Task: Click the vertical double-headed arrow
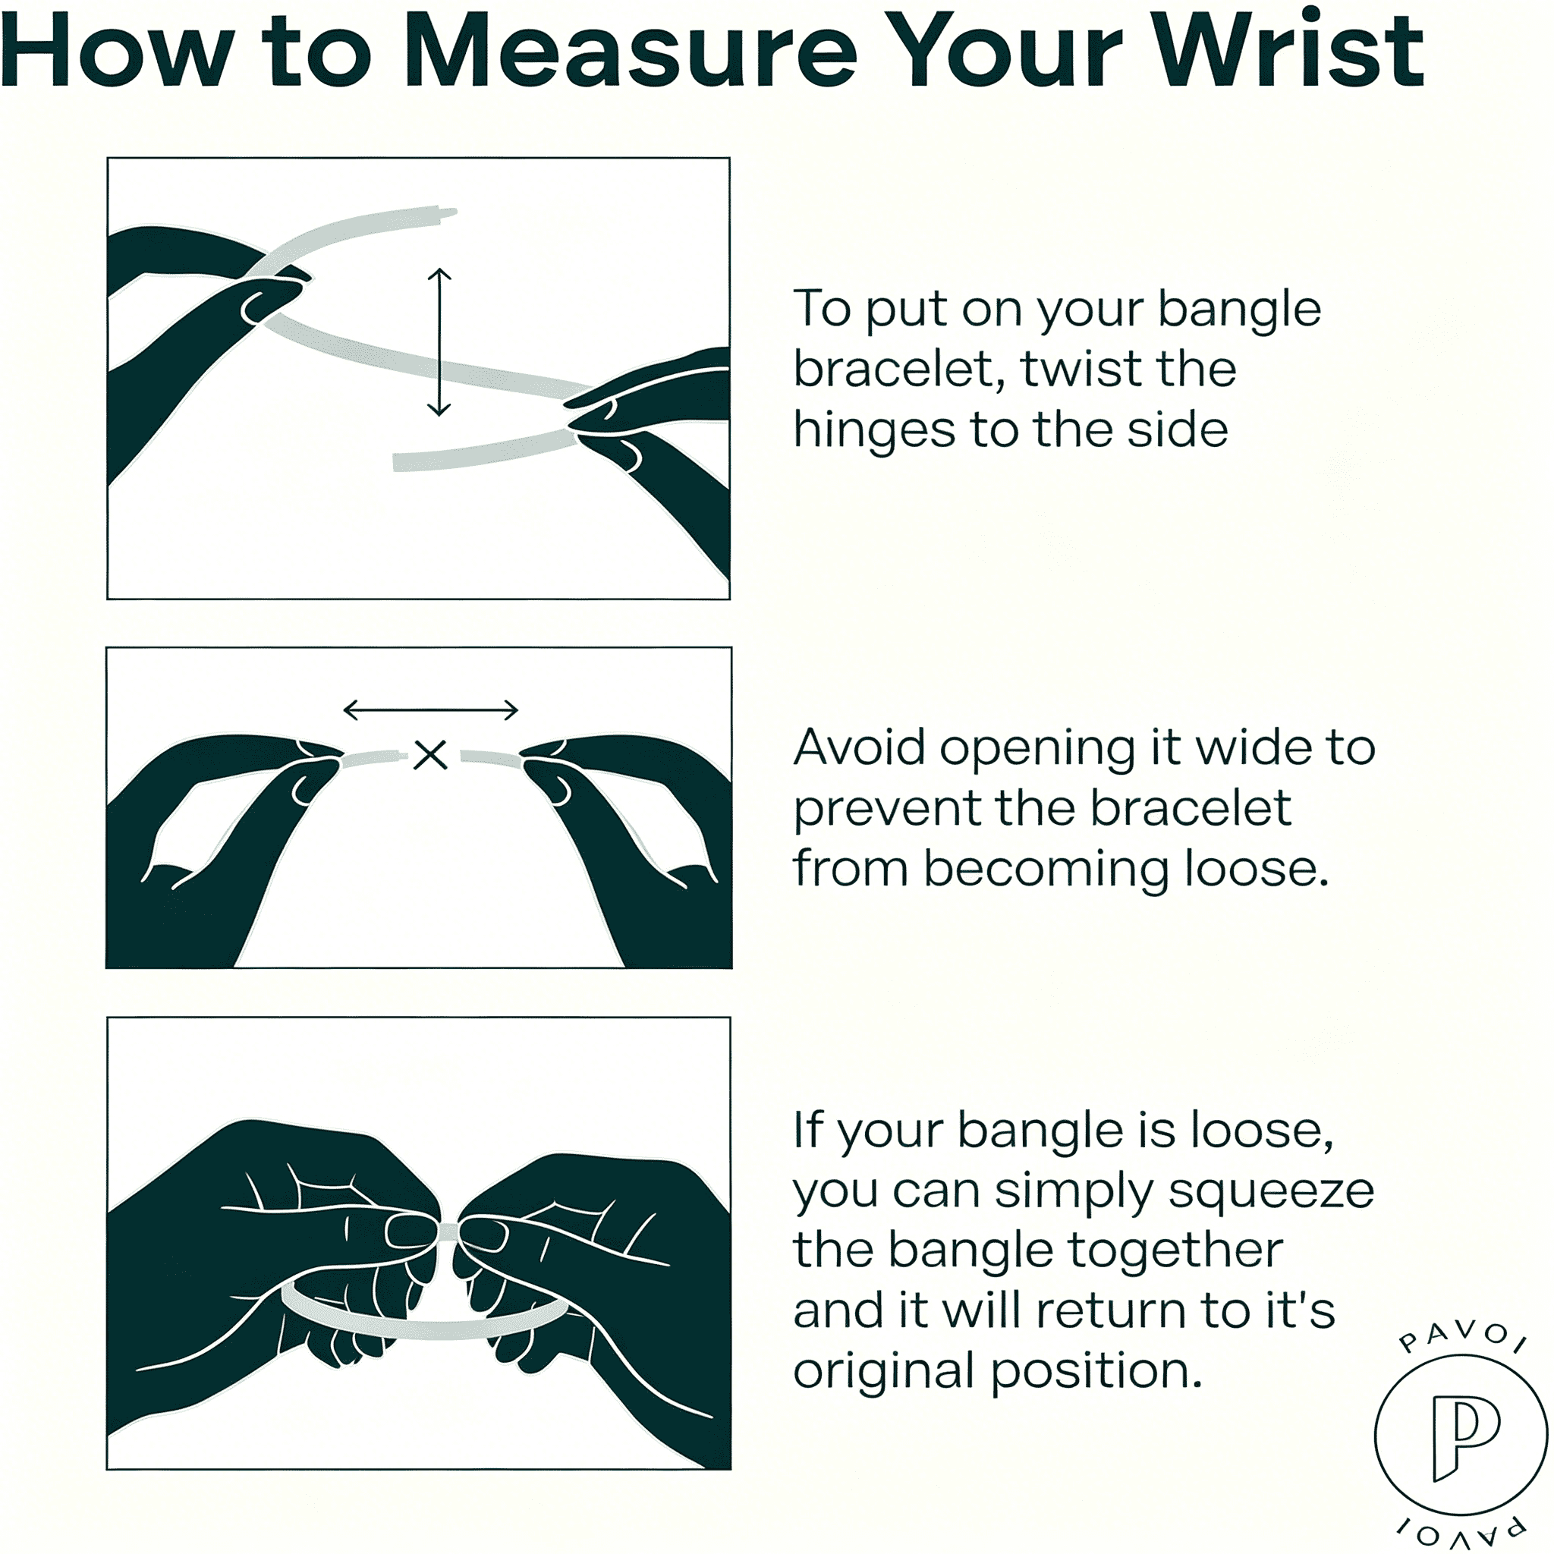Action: (439, 342)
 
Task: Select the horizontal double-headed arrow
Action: (430, 709)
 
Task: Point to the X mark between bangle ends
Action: (430, 754)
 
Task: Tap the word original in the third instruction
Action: (883, 1371)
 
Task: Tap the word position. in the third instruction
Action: (1096, 1373)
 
